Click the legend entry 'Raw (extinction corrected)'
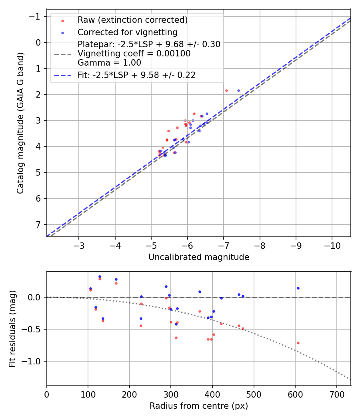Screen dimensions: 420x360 pyautogui.click(x=132, y=20)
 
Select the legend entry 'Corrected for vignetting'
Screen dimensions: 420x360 pyautogui.click(x=127, y=32)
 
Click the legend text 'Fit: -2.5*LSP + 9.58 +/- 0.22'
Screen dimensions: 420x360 pyautogui.click(x=136, y=75)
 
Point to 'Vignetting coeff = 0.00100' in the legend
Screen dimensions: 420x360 pyautogui.click(x=134, y=54)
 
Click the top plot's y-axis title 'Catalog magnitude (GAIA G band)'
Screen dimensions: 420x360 pyautogui.click(x=20, y=123)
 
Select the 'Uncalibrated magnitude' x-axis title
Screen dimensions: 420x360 pyautogui.click(x=199, y=257)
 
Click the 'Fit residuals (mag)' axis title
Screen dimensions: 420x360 pyautogui.click(x=12, y=328)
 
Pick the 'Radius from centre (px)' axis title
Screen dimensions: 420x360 pyautogui.click(x=199, y=406)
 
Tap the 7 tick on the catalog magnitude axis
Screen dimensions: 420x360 pyautogui.click(x=39, y=224)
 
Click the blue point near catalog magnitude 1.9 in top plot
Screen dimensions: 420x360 pyautogui.click(x=239, y=91)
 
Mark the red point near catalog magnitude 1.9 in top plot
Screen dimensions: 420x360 pyautogui.click(x=226, y=91)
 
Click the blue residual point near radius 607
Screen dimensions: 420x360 pyautogui.click(x=298, y=288)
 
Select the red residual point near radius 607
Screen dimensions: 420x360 pyautogui.click(x=298, y=343)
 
